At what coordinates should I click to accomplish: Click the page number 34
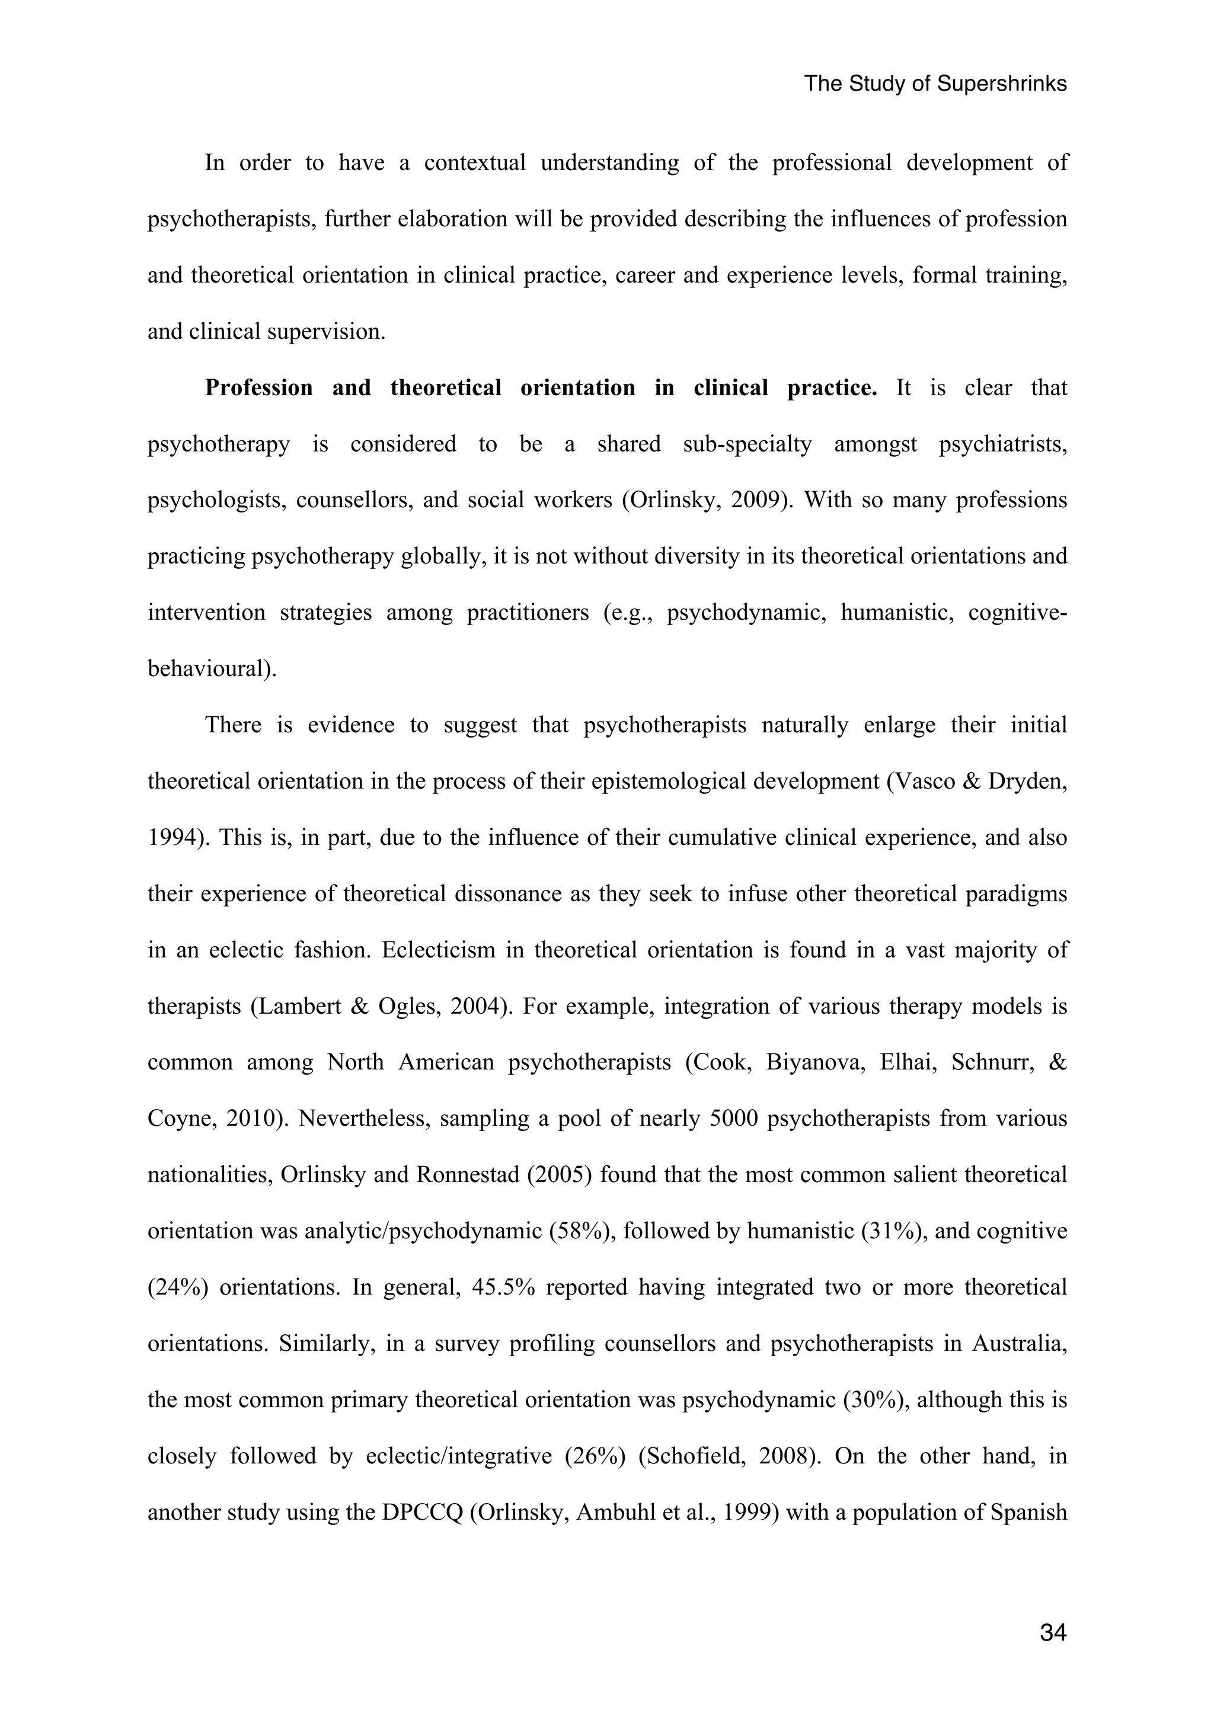click(x=1052, y=1632)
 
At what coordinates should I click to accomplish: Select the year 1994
click(x=172, y=838)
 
